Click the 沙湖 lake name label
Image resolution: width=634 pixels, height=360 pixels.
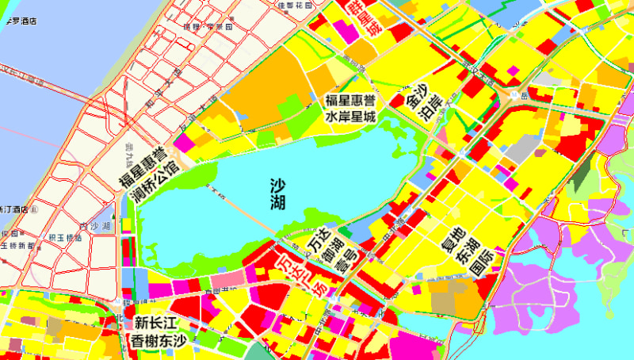[x=277, y=195]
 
